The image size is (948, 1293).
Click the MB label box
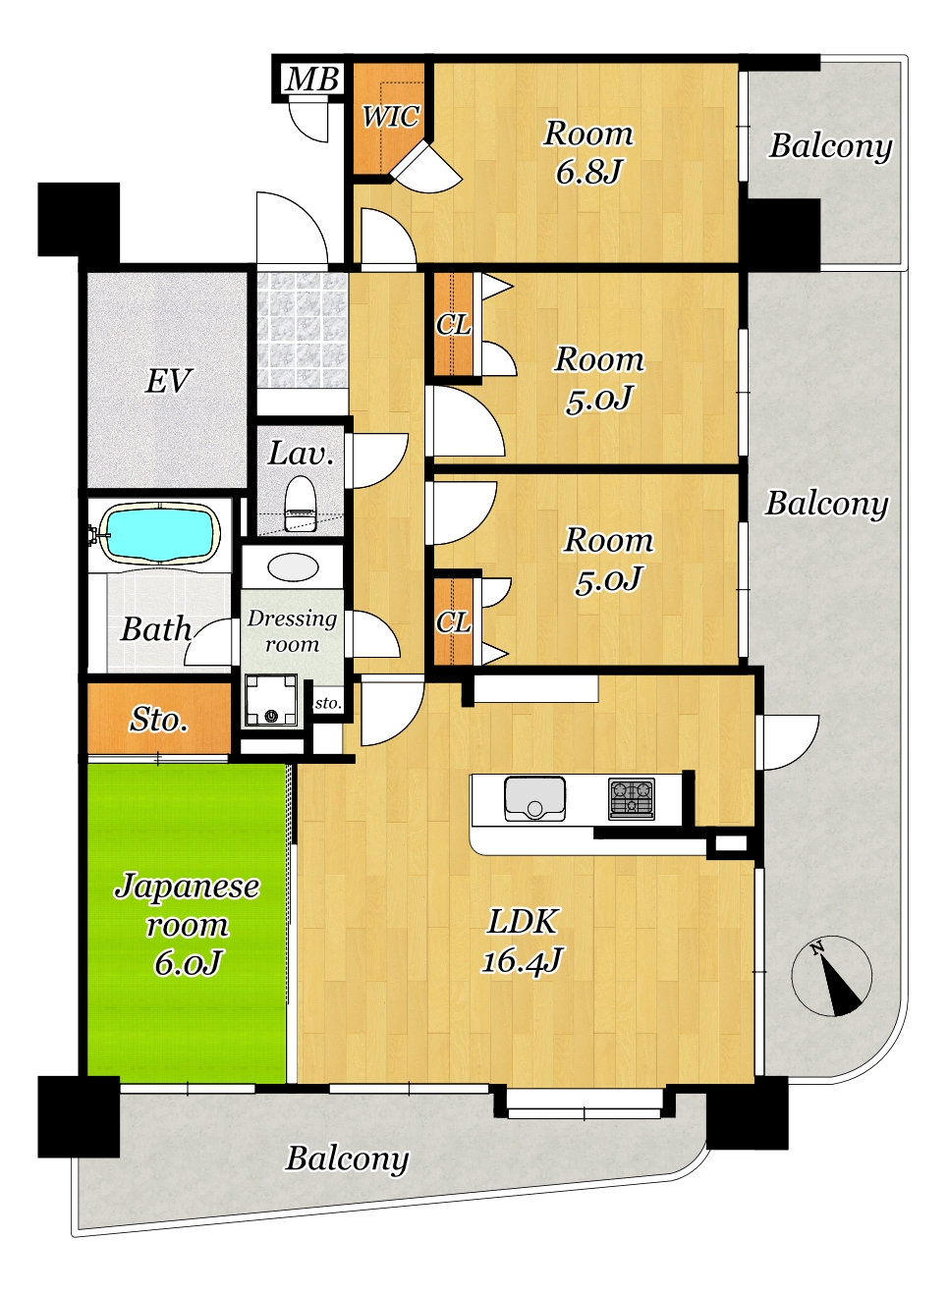312,79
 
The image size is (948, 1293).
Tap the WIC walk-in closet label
390,117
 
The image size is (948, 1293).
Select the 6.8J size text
588,172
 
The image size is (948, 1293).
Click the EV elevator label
168,381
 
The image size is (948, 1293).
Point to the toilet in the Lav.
301,503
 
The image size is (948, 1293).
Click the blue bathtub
160,532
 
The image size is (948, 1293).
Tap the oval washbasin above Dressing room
293,566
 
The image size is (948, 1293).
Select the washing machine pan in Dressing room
271,700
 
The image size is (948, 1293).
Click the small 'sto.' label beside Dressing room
328,703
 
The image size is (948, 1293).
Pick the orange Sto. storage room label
159,720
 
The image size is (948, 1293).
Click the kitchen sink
534,798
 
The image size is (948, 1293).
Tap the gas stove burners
632,798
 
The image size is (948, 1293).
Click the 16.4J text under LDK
522,960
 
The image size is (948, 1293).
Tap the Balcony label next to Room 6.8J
830,146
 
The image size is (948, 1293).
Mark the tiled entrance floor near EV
302,330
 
